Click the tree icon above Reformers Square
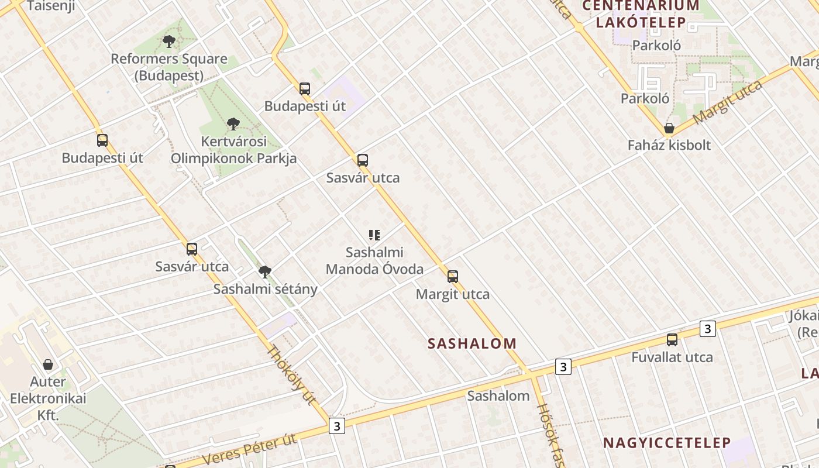click(169, 42)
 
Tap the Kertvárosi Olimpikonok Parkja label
click(233, 150)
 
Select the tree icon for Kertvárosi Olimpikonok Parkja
click(233, 124)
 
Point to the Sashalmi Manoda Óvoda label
click(374, 261)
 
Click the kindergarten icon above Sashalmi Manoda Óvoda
click(374, 235)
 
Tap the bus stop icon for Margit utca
click(452, 277)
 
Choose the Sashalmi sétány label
click(265, 289)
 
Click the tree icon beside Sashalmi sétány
click(265, 271)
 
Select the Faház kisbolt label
click(669, 145)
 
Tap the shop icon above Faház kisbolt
click(669, 128)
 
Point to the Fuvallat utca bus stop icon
click(672, 340)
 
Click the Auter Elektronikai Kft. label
click(48, 398)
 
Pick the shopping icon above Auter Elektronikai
click(48, 364)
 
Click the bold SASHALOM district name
click(472, 343)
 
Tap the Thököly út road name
click(291, 375)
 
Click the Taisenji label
click(51, 6)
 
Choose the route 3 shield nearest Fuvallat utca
click(707, 329)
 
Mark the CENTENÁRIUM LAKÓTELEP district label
click(641, 14)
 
